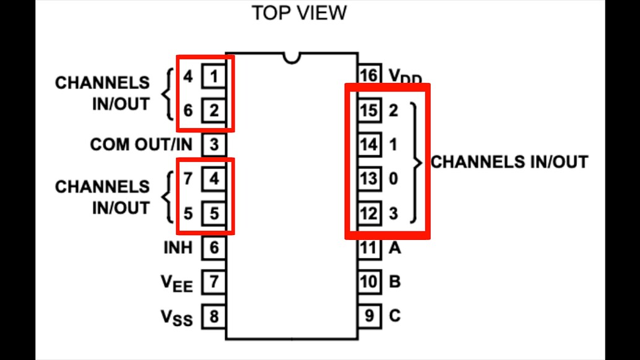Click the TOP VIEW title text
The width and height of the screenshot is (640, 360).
(x=299, y=13)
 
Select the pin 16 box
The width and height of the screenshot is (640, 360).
(x=368, y=75)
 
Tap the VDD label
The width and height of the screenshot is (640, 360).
(x=405, y=77)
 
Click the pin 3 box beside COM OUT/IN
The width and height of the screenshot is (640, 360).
(x=214, y=145)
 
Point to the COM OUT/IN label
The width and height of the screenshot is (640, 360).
(x=141, y=145)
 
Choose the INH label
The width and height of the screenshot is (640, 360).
(x=178, y=248)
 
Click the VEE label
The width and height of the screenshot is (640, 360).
(x=176, y=283)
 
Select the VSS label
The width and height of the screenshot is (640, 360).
(x=176, y=318)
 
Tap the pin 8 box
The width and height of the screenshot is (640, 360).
(x=214, y=317)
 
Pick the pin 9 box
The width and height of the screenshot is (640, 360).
(x=369, y=316)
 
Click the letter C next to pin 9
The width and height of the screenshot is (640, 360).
(x=394, y=316)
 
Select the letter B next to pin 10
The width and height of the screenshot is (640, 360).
(x=394, y=282)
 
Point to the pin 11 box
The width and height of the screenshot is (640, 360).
(x=368, y=248)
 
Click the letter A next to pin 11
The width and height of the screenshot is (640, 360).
(x=394, y=248)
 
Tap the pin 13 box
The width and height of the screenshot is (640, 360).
(x=369, y=179)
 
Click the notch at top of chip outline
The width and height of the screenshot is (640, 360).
(x=291, y=58)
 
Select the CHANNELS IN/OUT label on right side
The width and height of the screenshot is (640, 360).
(x=509, y=162)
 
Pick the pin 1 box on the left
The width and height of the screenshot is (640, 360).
(x=214, y=77)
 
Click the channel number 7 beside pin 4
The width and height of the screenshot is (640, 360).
(x=188, y=179)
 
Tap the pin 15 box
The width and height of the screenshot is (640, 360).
(x=369, y=111)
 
